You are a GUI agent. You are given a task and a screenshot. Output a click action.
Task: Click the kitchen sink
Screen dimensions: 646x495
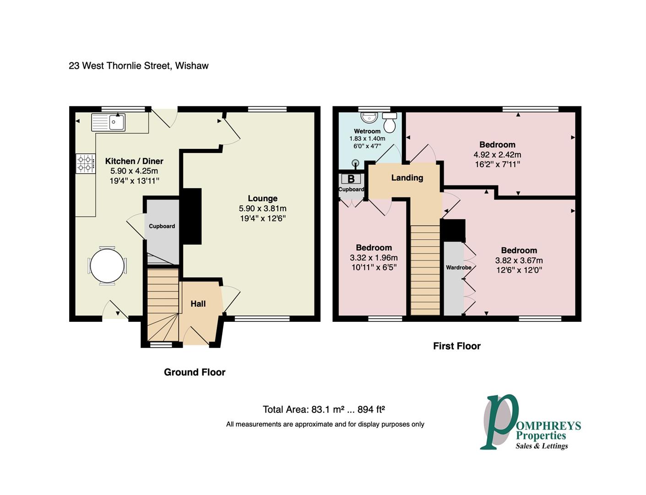click(x=108, y=122)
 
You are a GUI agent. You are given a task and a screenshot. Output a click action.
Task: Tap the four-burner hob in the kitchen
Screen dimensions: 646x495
click(x=86, y=163)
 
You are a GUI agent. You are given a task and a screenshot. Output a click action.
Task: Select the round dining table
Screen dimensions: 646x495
click(x=107, y=265)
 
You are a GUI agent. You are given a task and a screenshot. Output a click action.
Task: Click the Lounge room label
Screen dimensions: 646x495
click(x=262, y=198)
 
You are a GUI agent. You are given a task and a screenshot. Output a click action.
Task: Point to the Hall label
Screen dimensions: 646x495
click(x=198, y=304)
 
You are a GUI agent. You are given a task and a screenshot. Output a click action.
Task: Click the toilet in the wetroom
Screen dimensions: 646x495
click(x=390, y=122)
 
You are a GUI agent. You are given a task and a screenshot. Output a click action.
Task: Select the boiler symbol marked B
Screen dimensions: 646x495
click(x=351, y=179)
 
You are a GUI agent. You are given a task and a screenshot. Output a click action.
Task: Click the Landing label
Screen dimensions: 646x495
click(x=407, y=178)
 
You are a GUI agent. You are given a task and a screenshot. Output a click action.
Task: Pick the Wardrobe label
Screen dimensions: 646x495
click(x=459, y=267)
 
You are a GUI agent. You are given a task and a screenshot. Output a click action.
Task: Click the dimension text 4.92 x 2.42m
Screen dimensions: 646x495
click(x=497, y=154)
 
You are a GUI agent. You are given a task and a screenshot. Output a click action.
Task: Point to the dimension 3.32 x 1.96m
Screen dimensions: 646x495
click(x=374, y=258)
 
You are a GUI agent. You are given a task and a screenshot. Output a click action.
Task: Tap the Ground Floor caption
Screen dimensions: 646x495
click(x=195, y=372)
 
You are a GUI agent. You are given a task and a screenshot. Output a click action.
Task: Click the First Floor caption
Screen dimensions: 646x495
click(x=457, y=346)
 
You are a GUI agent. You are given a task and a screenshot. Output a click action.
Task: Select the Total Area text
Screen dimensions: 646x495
click(x=324, y=409)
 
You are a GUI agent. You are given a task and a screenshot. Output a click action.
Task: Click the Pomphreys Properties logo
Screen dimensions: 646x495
click(x=530, y=422)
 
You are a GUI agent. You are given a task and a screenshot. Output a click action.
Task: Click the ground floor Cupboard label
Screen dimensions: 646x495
click(x=162, y=226)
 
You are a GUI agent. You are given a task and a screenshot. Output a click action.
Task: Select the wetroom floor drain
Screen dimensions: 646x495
click(x=356, y=163)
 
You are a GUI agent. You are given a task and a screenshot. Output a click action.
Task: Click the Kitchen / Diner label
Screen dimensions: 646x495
click(x=134, y=161)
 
